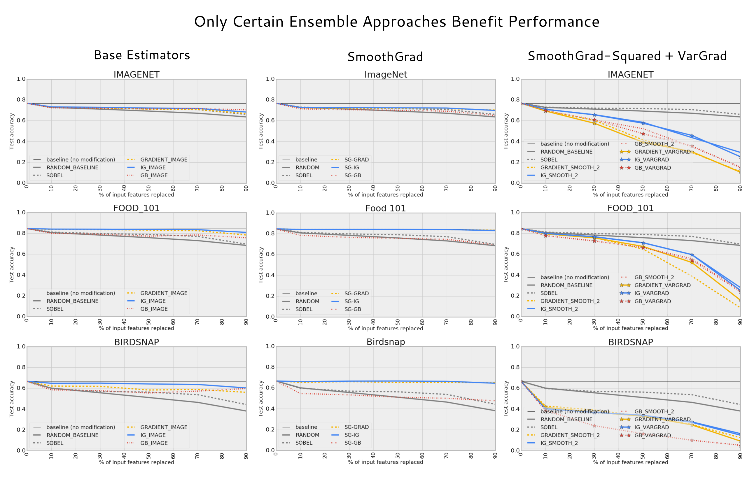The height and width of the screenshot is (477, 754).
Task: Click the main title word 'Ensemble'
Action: (323, 22)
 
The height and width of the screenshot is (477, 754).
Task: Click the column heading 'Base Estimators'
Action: (142, 55)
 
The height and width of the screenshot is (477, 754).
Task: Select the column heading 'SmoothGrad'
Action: (385, 57)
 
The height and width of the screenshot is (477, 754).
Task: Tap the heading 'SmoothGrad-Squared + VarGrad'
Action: (627, 56)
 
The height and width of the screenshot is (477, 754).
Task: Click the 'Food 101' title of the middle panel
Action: (385, 208)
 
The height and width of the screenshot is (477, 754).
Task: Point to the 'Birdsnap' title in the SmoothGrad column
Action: (385, 342)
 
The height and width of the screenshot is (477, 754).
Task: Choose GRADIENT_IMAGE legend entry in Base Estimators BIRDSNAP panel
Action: (163, 427)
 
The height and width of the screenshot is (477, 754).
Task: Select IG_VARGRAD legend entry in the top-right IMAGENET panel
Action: (651, 159)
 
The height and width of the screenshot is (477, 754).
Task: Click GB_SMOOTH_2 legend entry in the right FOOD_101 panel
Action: (654, 278)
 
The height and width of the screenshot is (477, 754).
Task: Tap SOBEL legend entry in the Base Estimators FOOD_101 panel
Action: (55, 309)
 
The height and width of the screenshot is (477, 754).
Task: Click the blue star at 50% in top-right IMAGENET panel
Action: (643, 123)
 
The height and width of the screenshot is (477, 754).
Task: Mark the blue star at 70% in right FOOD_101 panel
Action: (692, 255)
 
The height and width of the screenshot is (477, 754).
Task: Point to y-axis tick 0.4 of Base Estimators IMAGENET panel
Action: (21, 141)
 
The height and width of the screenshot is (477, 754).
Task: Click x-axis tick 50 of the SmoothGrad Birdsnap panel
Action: (398, 456)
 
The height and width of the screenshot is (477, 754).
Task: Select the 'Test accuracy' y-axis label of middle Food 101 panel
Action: (261, 265)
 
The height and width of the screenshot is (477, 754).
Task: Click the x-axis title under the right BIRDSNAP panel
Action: (630, 462)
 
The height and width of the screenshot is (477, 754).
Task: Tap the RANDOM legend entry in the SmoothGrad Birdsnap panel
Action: (307, 435)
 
